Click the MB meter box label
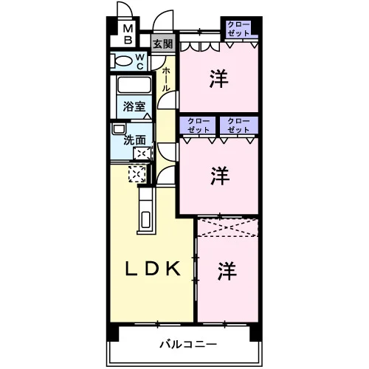(x=128, y=34)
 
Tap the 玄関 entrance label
(x=163, y=44)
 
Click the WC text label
(x=139, y=61)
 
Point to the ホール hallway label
(x=165, y=79)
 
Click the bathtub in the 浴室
(x=134, y=85)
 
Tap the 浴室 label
(x=134, y=107)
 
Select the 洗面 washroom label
(x=134, y=140)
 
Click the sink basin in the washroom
(x=119, y=128)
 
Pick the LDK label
(x=153, y=269)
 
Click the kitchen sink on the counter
(x=146, y=219)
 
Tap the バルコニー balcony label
(x=188, y=344)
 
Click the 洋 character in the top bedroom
(x=218, y=79)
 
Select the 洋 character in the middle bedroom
(x=220, y=176)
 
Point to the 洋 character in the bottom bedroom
(x=227, y=271)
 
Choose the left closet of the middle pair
(x=199, y=125)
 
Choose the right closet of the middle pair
(x=238, y=125)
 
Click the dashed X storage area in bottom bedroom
(x=228, y=227)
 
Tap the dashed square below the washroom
(x=137, y=174)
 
